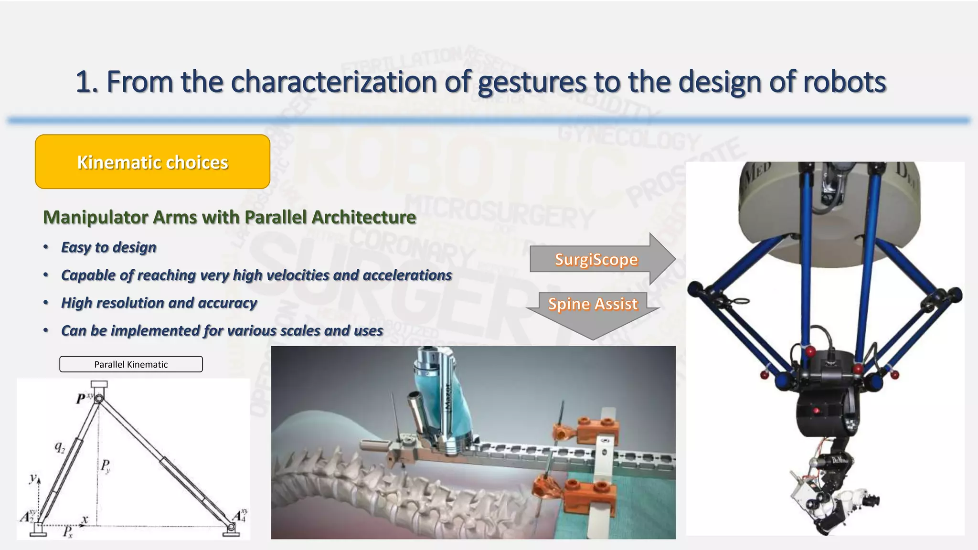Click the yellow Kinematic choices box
pos(152,162)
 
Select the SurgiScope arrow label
pos(596,260)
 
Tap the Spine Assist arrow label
pos(593,304)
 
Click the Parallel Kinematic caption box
pos(131,364)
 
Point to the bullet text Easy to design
pos(108,247)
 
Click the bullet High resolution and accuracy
pos(159,303)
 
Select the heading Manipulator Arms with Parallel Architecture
pos(229,217)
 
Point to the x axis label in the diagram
pos(85,519)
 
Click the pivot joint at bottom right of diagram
pos(231,527)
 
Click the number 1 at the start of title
pos(84,82)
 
